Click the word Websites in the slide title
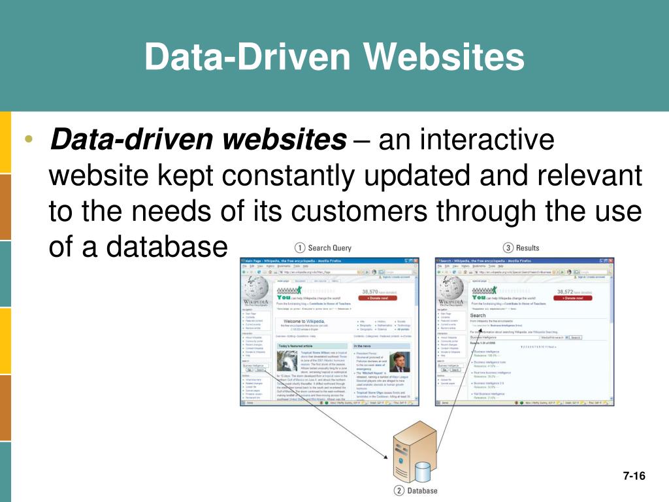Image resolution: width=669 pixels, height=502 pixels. [444, 57]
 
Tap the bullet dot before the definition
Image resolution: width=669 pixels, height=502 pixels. [28, 142]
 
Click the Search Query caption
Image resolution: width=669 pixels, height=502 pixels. [329, 248]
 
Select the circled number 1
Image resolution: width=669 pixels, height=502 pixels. [299, 248]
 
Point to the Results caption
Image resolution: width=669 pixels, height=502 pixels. [528, 248]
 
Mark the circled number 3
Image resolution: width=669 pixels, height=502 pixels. [508, 248]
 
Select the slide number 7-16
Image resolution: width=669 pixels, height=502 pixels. [633, 476]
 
